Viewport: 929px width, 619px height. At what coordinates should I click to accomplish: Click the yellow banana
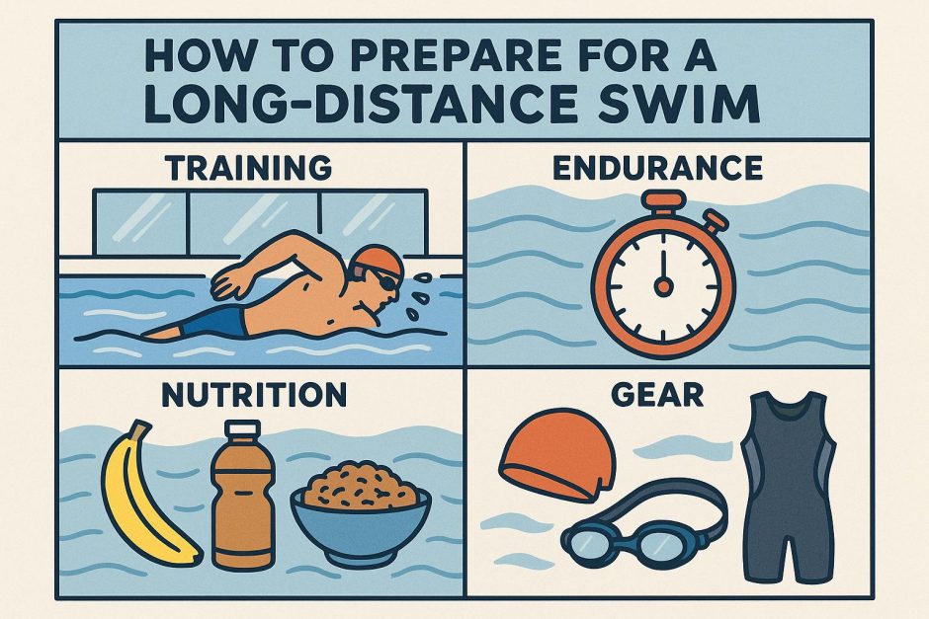coord(148,499)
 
